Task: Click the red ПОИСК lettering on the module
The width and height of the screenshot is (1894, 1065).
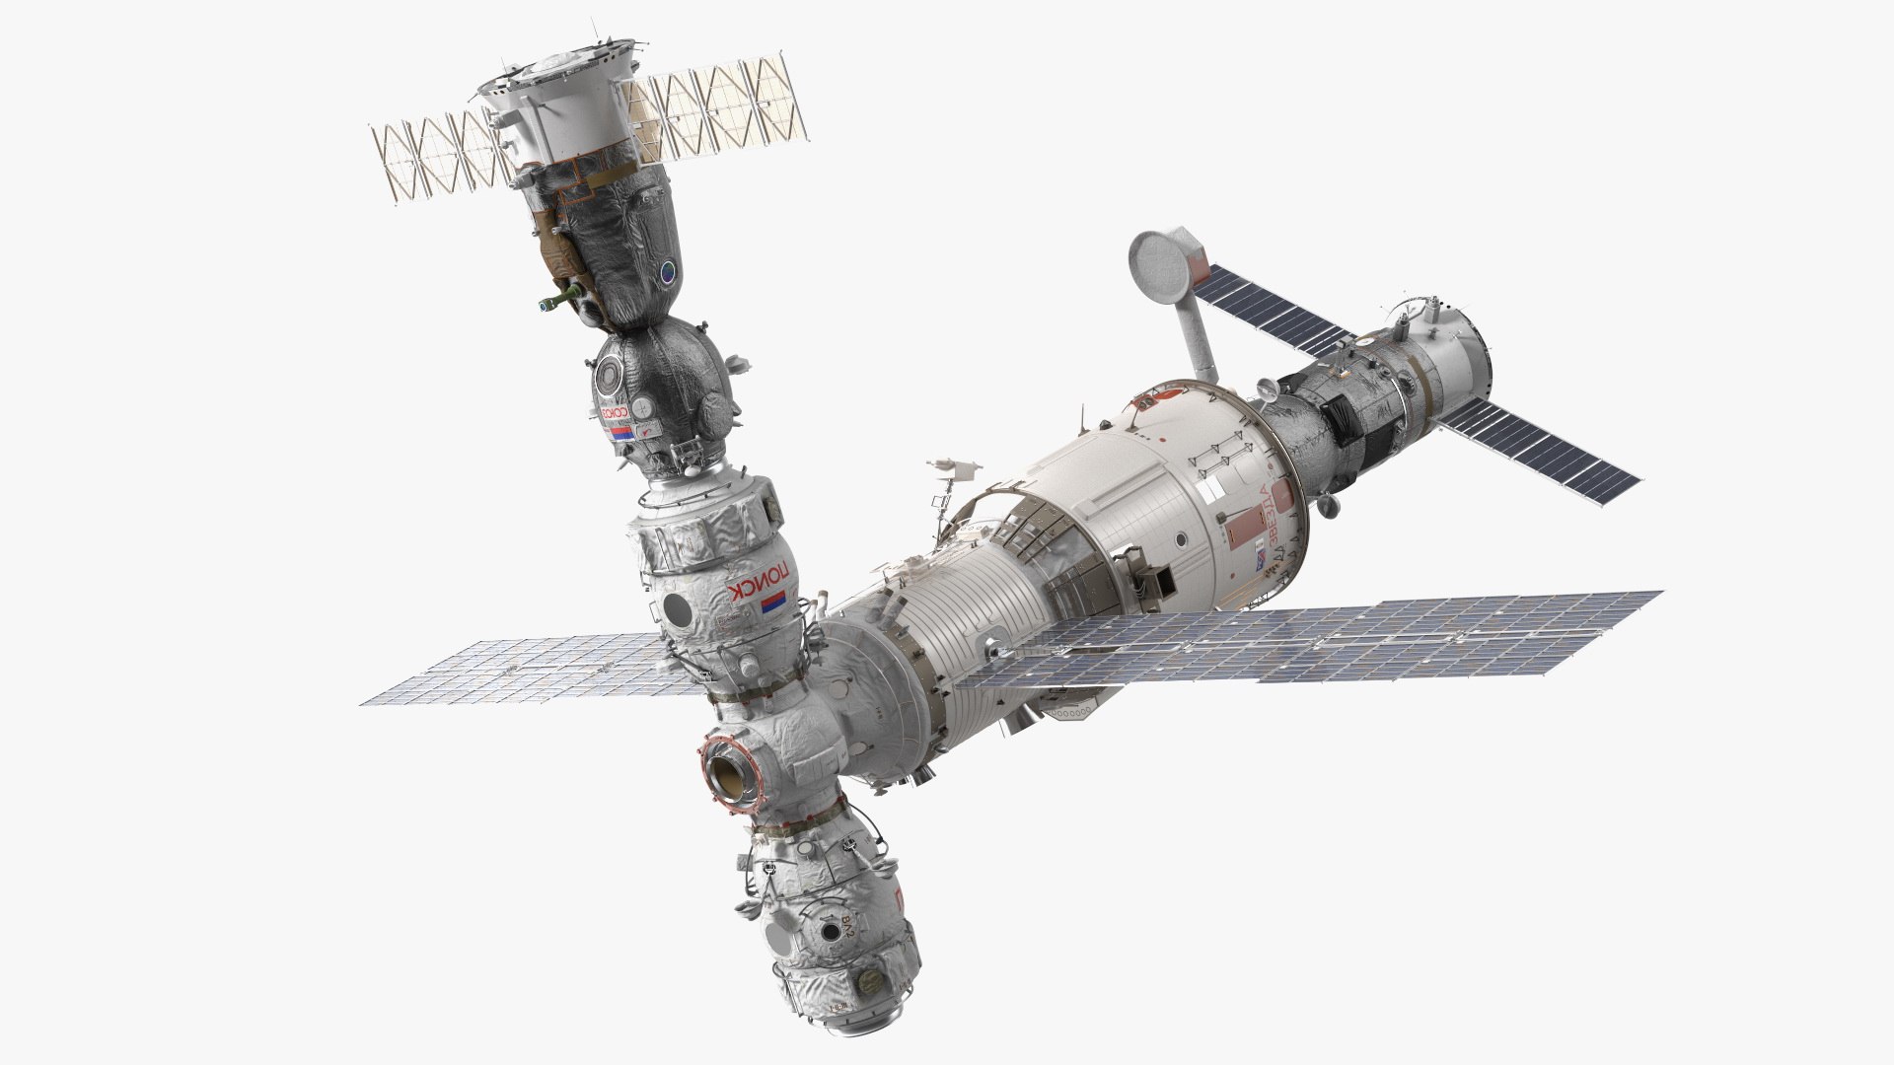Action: tap(760, 591)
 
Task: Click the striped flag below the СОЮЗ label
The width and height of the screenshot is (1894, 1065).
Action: tap(619, 434)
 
